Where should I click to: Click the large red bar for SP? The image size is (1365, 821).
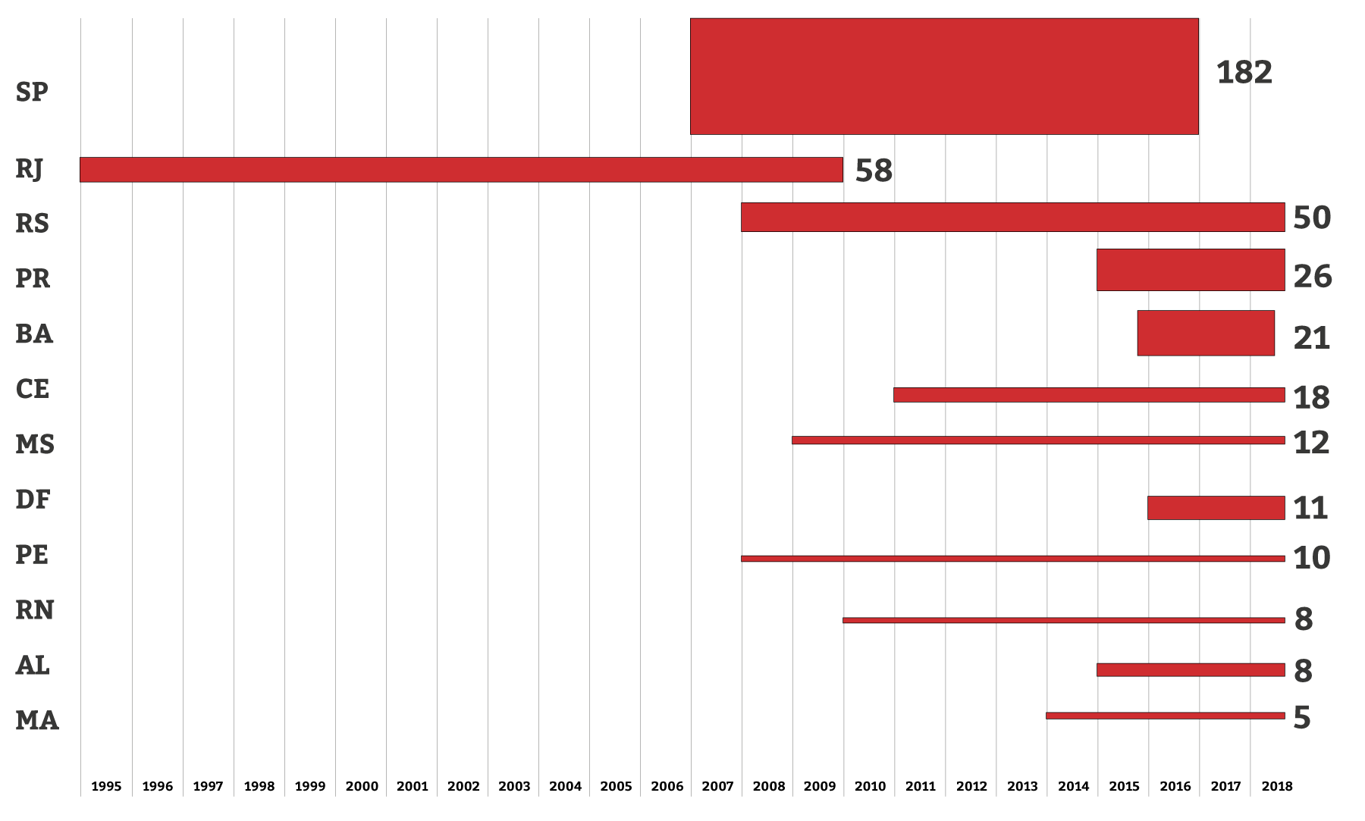944,77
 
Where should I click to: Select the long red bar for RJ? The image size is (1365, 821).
461,170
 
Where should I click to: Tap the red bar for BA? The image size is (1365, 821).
1206,333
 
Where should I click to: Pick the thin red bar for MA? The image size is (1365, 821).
1165,716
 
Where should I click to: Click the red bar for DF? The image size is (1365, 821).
1216,508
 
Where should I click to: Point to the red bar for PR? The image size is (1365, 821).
1191,270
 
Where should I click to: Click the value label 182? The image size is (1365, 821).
1244,73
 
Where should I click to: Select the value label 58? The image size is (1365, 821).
874,171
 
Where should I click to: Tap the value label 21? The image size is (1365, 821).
1311,338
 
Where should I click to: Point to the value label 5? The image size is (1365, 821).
1301,718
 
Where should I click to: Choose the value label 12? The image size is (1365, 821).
1311,443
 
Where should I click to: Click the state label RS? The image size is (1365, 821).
32,224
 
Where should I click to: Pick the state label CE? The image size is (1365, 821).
32,389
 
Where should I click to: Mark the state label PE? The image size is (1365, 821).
32,555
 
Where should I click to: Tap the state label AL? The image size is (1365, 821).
33,666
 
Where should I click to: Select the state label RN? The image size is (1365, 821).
34,610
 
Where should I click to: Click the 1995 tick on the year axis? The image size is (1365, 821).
106,786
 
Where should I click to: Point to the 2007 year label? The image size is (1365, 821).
717,786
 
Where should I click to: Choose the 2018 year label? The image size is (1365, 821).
1277,786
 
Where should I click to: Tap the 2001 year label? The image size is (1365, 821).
412,786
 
